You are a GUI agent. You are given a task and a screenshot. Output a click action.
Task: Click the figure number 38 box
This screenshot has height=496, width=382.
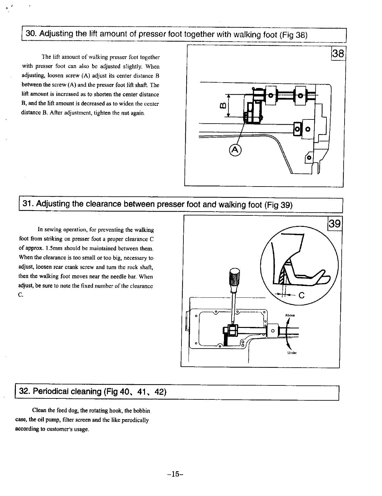click(338, 53)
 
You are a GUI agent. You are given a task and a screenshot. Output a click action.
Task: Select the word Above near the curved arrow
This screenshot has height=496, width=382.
click(290, 315)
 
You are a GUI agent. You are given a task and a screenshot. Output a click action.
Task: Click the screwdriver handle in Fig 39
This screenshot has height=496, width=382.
click(235, 278)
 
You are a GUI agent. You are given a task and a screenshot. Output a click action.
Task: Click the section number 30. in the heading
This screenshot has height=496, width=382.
click(31, 34)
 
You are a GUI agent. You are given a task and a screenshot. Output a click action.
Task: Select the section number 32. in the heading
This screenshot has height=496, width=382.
click(25, 391)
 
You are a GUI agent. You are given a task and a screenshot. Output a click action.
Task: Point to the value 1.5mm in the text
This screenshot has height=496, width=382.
click(55, 248)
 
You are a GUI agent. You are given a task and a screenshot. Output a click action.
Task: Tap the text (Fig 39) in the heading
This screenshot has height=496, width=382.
click(278, 205)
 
